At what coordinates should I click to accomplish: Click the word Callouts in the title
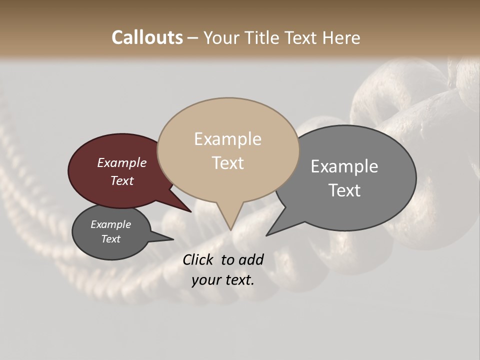click(x=147, y=37)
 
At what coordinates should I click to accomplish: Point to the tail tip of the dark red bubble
click(x=191, y=211)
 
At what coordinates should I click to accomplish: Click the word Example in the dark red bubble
click(x=122, y=163)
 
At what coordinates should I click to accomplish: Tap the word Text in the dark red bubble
click(x=122, y=180)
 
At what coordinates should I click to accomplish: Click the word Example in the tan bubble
click(x=228, y=139)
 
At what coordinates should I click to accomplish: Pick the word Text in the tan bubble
click(x=228, y=162)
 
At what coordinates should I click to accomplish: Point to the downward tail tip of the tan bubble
click(x=230, y=230)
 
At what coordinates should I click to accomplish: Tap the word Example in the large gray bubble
click(x=344, y=166)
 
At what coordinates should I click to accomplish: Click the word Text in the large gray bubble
click(x=344, y=190)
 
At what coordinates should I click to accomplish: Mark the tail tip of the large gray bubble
click(x=266, y=235)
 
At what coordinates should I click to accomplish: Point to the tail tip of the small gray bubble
click(x=173, y=239)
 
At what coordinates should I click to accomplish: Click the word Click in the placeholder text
click(x=199, y=259)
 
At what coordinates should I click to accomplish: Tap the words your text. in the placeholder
click(x=223, y=280)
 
